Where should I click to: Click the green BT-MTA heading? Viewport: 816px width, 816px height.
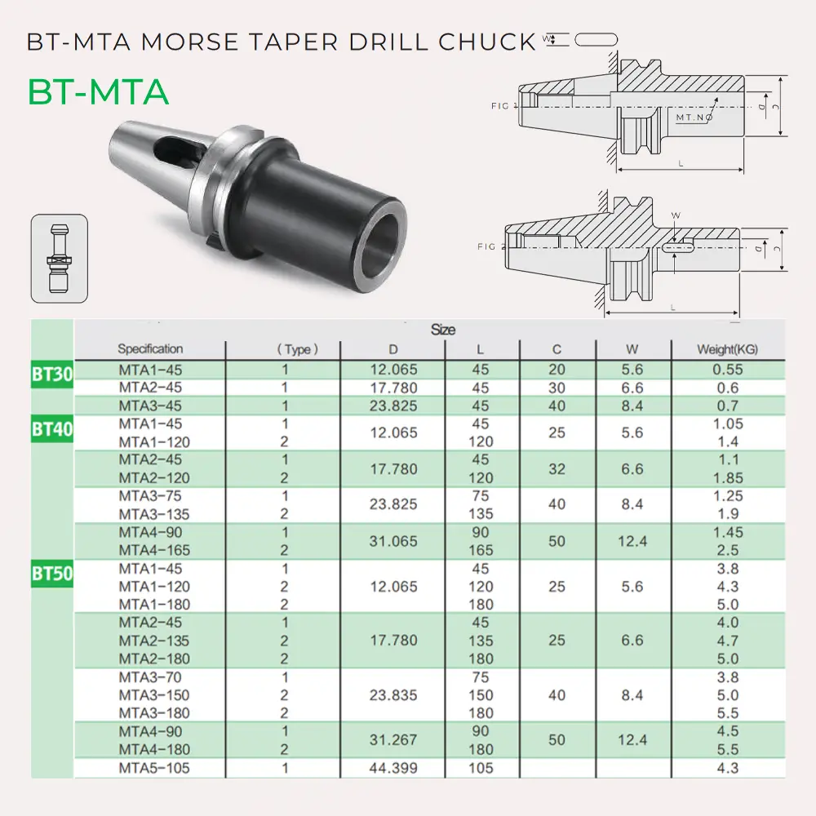tap(98, 92)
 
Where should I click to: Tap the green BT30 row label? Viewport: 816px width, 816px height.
tap(52, 375)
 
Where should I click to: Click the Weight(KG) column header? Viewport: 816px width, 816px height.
tap(726, 349)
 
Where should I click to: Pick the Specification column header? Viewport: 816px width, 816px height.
tap(150, 349)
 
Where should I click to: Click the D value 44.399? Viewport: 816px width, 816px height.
tap(393, 768)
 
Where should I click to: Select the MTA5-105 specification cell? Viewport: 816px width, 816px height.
tap(150, 768)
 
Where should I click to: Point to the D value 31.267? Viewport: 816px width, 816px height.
tap(393, 740)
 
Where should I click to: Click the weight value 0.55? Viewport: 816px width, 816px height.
tap(726, 370)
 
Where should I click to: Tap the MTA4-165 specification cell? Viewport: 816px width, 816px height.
tap(150, 550)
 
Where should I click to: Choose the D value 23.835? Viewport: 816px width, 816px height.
tap(393, 695)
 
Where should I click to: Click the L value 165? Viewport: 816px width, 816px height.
tap(481, 550)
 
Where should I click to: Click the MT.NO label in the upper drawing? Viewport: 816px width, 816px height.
tap(694, 118)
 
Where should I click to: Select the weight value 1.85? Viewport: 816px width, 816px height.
tap(726, 477)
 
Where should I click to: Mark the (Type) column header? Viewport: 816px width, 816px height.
tap(297, 349)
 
